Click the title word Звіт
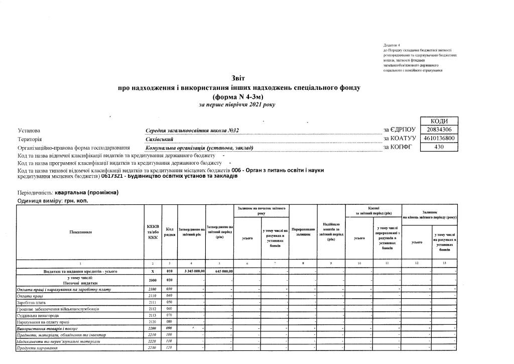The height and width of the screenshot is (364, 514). click(x=238, y=78)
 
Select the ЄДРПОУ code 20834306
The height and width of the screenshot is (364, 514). click(x=439, y=130)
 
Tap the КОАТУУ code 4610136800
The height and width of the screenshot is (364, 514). click(x=439, y=139)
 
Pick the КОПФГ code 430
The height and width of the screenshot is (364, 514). click(x=439, y=148)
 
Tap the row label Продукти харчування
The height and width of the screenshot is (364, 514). click(x=36, y=347)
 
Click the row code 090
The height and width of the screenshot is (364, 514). click(x=169, y=328)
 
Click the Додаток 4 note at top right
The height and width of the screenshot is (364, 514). click(x=392, y=45)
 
